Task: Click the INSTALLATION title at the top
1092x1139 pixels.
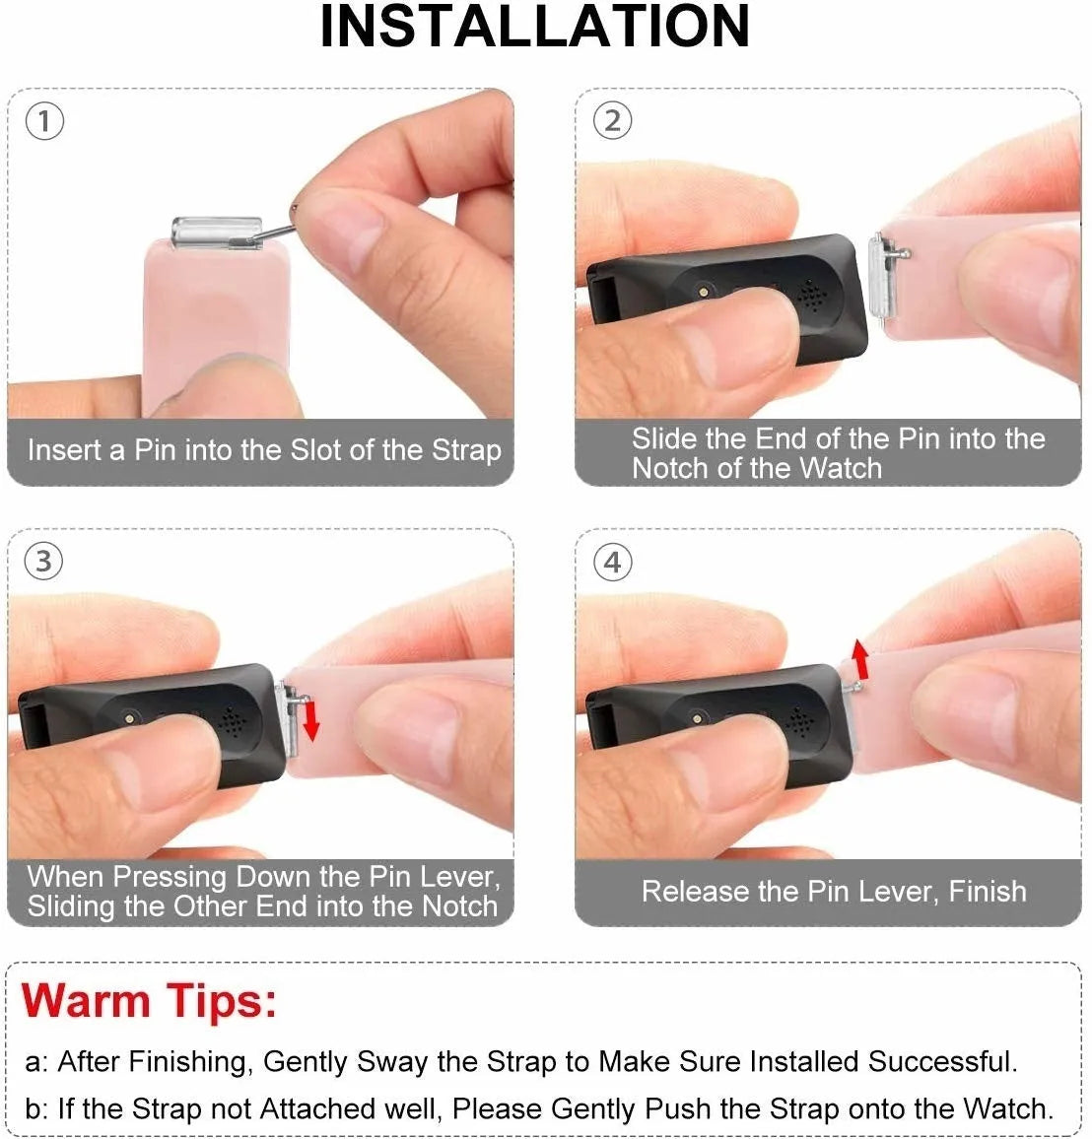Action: pyautogui.click(x=535, y=27)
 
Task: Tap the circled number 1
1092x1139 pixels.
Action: pyautogui.click(x=44, y=121)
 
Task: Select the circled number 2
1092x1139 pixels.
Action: pyautogui.click(x=612, y=121)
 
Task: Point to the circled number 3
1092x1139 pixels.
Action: pyautogui.click(x=44, y=562)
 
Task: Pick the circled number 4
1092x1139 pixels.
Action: pyautogui.click(x=612, y=563)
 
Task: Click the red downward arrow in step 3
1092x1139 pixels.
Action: pyautogui.click(x=311, y=719)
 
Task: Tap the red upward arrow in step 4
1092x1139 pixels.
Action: pyautogui.click(x=860, y=659)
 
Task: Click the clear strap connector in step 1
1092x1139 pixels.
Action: pyautogui.click(x=217, y=233)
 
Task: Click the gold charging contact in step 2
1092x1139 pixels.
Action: pyautogui.click(x=703, y=292)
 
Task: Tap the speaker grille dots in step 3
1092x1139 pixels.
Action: pyautogui.click(x=233, y=721)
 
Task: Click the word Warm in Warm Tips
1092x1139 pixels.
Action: pyautogui.click(x=86, y=1002)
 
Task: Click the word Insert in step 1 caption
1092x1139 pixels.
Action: pyautogui.click(x=64, y=450)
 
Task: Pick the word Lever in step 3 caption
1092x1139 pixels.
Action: pyautogui.click(x=463, y=877)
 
